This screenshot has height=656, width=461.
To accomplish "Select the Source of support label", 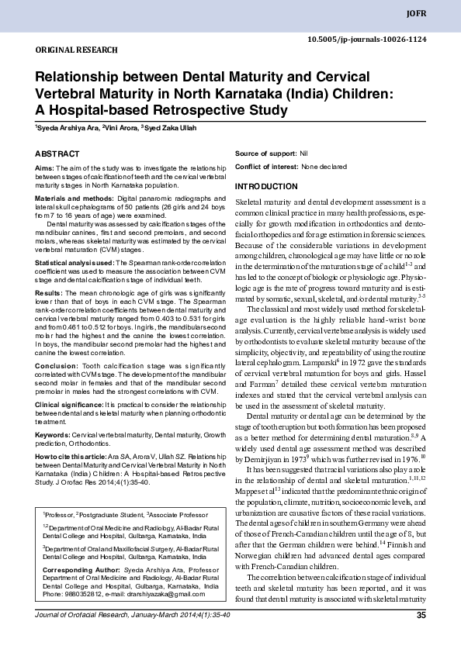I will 265,154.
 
